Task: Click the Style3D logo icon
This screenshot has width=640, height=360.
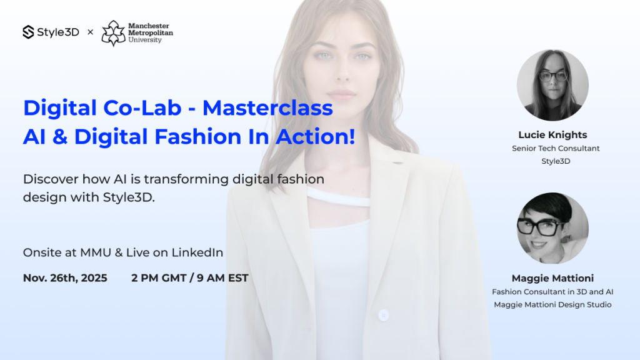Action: coord(28,32)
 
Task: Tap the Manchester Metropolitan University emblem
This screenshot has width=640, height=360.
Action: coord(114,33)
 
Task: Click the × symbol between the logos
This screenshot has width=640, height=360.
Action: coord(91,32)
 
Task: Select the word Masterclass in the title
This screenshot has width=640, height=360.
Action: coord(267,107)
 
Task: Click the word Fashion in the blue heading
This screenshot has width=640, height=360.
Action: coord(198,136)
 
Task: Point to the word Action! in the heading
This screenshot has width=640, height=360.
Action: coord(316,136)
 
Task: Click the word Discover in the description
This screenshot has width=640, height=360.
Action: coord(51,179)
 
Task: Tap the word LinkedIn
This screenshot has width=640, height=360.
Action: coord(197,252)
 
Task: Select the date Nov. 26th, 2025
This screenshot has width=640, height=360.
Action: coord(65,278)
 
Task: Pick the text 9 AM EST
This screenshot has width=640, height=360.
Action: coord(222,278)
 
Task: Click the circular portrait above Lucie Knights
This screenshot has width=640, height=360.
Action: coord(552,85)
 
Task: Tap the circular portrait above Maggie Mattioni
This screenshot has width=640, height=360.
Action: coord(552,229)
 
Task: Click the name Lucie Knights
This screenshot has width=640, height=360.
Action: coord(552,135)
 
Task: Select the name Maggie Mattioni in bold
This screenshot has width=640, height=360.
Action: coord(552,278)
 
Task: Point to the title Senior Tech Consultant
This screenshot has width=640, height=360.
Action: coord(556,149)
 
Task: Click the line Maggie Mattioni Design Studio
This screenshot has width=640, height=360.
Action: coord(552,304)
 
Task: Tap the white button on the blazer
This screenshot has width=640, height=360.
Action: coord(383,315)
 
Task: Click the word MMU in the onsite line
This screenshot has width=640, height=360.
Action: coord(96,252)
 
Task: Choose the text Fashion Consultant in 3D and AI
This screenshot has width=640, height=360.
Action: coord(552,292)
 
